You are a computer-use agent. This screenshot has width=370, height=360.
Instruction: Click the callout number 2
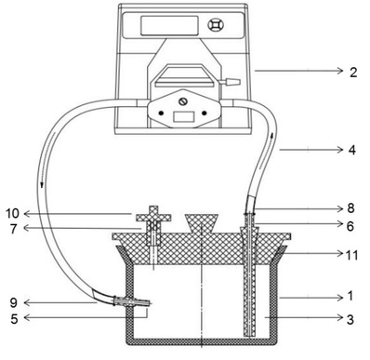click(353, 73)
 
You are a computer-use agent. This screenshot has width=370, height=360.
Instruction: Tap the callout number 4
click(352, 150)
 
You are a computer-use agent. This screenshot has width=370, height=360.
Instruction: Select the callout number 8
click(350, 208)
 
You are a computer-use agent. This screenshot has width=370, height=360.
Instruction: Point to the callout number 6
click(350, 226)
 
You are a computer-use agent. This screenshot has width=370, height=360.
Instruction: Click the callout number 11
click(351, 255)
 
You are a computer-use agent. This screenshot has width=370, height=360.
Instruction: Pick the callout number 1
click(350, 296)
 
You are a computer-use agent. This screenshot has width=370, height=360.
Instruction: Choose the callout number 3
click(350, 319)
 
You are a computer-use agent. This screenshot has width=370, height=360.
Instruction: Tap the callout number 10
click(13, 213)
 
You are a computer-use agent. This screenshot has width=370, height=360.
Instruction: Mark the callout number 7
click(14, 229)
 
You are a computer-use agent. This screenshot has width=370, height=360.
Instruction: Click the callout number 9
click(14, 303)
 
